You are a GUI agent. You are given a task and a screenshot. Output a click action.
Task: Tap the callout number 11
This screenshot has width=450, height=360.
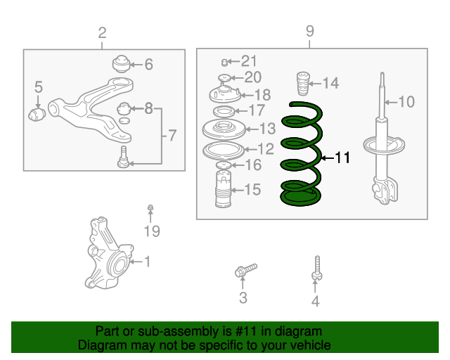coord(342,157)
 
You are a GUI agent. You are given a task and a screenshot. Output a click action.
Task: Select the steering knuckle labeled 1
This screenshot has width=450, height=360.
coord(109,253)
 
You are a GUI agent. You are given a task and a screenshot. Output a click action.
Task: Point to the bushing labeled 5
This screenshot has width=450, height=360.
coord(37,115)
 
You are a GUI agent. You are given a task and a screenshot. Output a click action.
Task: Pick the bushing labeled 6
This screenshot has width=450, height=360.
coord(121,64)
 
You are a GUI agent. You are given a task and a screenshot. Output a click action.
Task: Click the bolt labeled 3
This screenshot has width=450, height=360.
coord(245,270)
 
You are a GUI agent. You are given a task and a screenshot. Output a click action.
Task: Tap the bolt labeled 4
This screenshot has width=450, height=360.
coord(317,268)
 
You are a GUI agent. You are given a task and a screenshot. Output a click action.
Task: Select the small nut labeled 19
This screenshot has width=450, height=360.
coord(150,207)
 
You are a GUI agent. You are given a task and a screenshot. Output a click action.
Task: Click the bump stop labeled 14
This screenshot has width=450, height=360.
coord(303,83)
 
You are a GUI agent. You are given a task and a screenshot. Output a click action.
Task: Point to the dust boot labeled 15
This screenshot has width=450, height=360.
coord(224,188)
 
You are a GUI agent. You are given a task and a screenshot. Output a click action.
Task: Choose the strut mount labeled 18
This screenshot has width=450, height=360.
coord(225,94)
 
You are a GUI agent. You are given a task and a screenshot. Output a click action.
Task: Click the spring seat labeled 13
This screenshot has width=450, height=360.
coord(224,129)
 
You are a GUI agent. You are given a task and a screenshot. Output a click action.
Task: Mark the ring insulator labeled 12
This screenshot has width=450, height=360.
coord(224,150)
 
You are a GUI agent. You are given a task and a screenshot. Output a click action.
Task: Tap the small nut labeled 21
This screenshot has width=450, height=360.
coord(224,62)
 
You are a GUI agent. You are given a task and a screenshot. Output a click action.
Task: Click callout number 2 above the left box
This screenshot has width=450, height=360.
coord(102,33)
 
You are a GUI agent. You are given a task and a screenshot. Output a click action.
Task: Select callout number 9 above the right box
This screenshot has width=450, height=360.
coord(309,31)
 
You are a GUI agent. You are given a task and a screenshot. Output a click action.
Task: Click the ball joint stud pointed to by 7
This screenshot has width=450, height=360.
coord(124,157)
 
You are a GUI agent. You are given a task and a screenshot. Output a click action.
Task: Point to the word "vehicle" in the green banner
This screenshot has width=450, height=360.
coord(314,345)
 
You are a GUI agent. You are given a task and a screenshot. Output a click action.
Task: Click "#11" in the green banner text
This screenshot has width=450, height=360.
coord(245,331)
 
